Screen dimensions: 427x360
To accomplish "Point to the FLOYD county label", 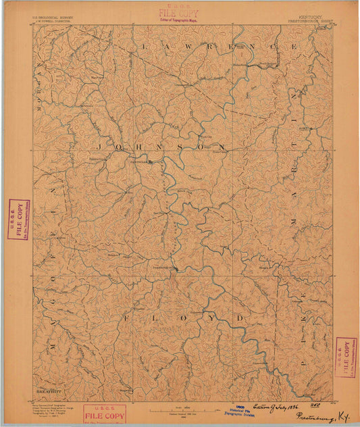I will tap(182, 316).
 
